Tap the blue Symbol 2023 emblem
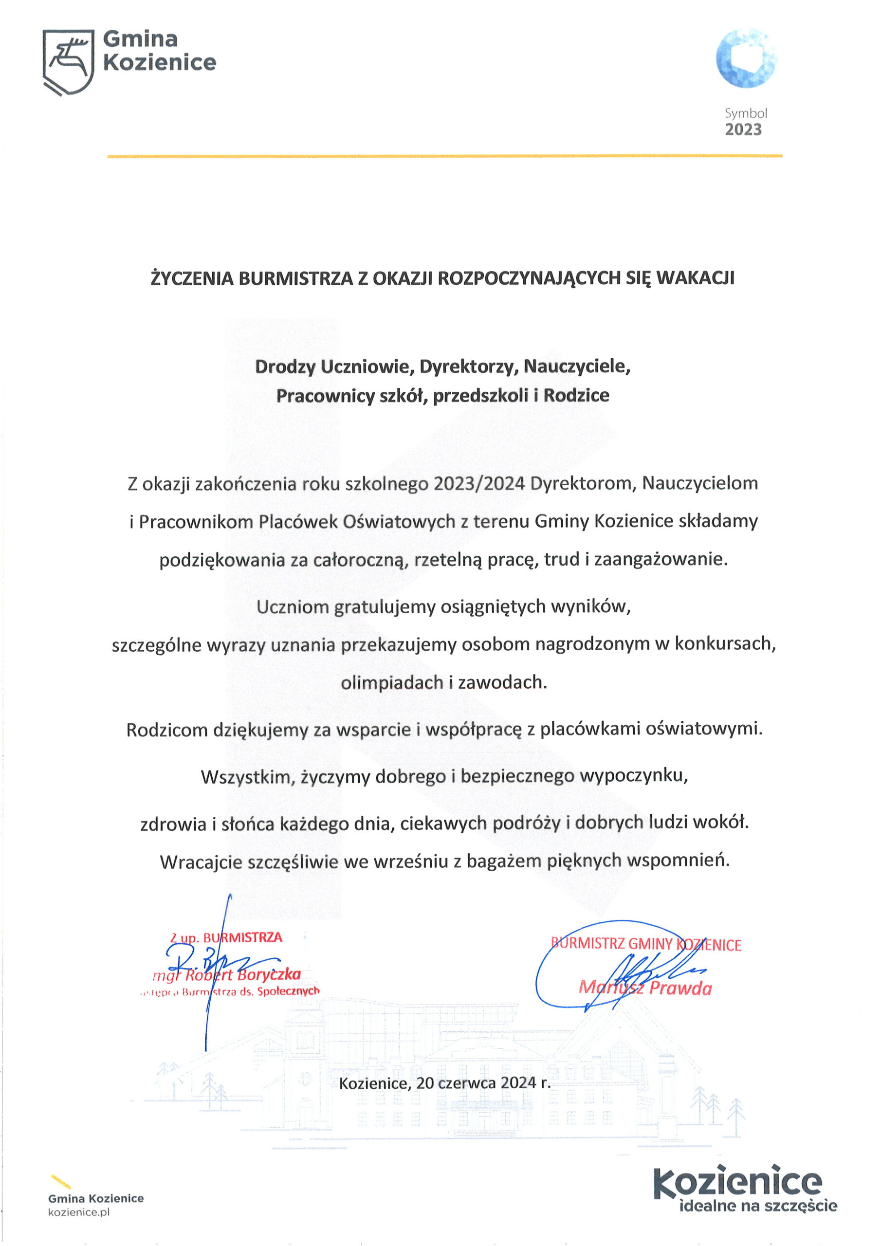tap(746, 58)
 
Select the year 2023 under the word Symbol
tap(743, 129)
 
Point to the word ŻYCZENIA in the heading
tap(192, 278)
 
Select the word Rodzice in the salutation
tap(576, 395)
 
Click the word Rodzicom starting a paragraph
tap(166, 730)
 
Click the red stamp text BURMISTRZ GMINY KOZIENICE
tap(646, 944)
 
